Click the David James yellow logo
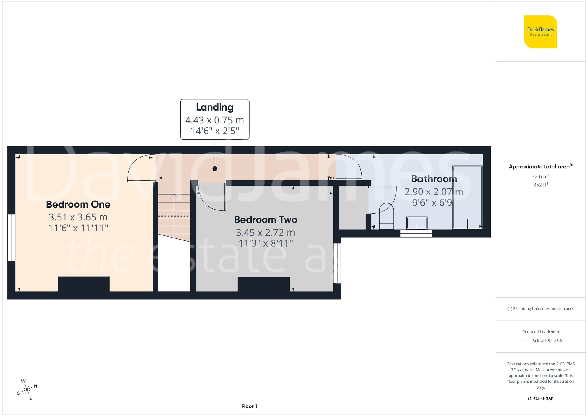[540, 32]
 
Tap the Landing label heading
[215, 107]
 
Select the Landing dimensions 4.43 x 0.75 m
[215, 120]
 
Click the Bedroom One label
[78, 204]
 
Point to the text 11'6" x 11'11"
[78, 228]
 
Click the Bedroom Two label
[265, 220]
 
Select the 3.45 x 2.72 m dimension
[265, 233]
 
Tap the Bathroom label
[434, 179]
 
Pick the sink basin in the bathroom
[417, 223]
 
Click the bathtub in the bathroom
[467, 197]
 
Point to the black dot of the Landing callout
[215, 169]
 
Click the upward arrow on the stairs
[174, 197]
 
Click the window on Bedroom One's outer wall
[11, 238]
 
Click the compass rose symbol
[27, 390]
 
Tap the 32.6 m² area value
[540, 176]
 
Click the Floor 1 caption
[249, 406]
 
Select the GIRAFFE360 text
[540, 399]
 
